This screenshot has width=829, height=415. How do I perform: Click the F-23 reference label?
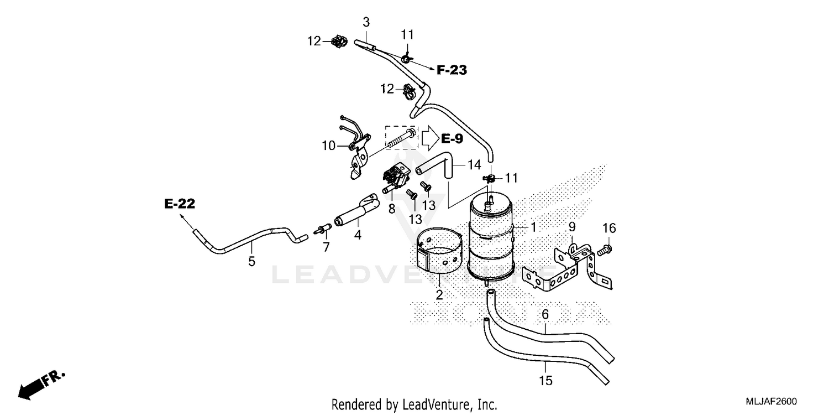pyautogui.click(x=452, y=70)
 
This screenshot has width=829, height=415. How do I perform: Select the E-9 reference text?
pyautogui.click(x=452, y=138)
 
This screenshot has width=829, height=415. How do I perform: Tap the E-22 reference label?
pyautogui.click(x=180, y=204)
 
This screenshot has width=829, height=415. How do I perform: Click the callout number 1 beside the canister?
pyautogui.click(x=533, y=227)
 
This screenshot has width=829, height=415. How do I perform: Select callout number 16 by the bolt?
pyautogui.click(x=609, y=228)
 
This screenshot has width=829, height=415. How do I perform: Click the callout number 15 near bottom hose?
pyautogui.click(x=546, y=381)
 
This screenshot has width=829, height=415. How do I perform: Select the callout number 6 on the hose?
pyautogui.click(x=545, y=314)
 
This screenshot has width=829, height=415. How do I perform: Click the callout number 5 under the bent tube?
pyautogui.click(x=251, y=261)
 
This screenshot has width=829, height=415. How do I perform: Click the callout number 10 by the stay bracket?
pyautogui.click(x=329, y=146)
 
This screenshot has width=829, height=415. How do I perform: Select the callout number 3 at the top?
pyautogui.click(x=366, y=22)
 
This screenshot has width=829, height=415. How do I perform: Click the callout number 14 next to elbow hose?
pyautogui.click(x=474, y=164)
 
